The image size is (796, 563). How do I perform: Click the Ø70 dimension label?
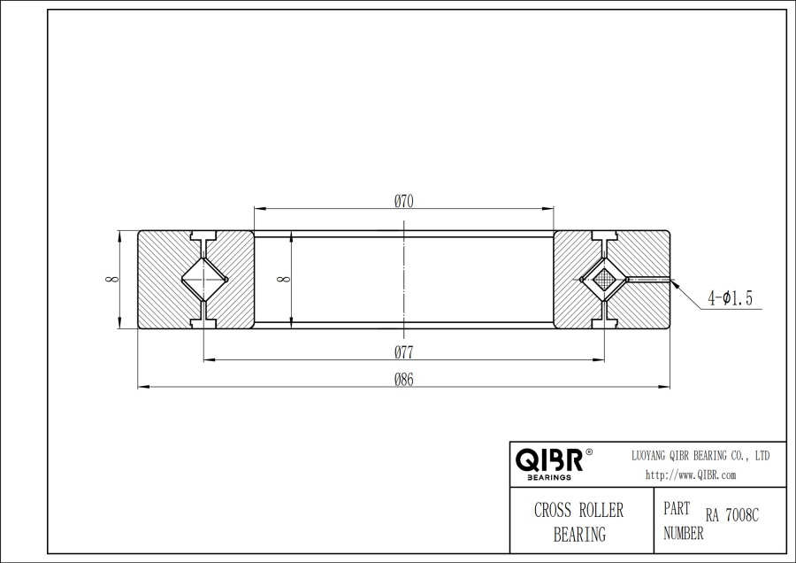pyautogui.click(x=404, y=201)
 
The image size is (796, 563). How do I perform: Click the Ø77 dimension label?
pyautogui.click(x=404, y=351)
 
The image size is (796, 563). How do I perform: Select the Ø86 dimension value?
pyautogui.click(x=404, y=379)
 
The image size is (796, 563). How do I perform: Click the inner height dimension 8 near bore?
pyautogui.click(x=283, y=280)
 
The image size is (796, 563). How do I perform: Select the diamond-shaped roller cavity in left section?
pyautogui.click(x=204, y=280)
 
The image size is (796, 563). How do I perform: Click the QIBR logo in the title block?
pyautogui.click(x=548, y=459)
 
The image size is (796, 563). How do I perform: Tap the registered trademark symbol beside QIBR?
pyautogui.click(x=590, y=451)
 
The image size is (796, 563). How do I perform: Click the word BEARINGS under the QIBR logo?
pyautogui.click(x=548, y=477)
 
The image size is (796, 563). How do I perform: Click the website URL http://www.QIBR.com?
pyautogui.click(x=691, y=475)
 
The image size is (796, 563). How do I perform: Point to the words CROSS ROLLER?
pyautogui.click(x=578, y=511)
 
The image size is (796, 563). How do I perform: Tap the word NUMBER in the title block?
pyautogui.click(x=684, y=533)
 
